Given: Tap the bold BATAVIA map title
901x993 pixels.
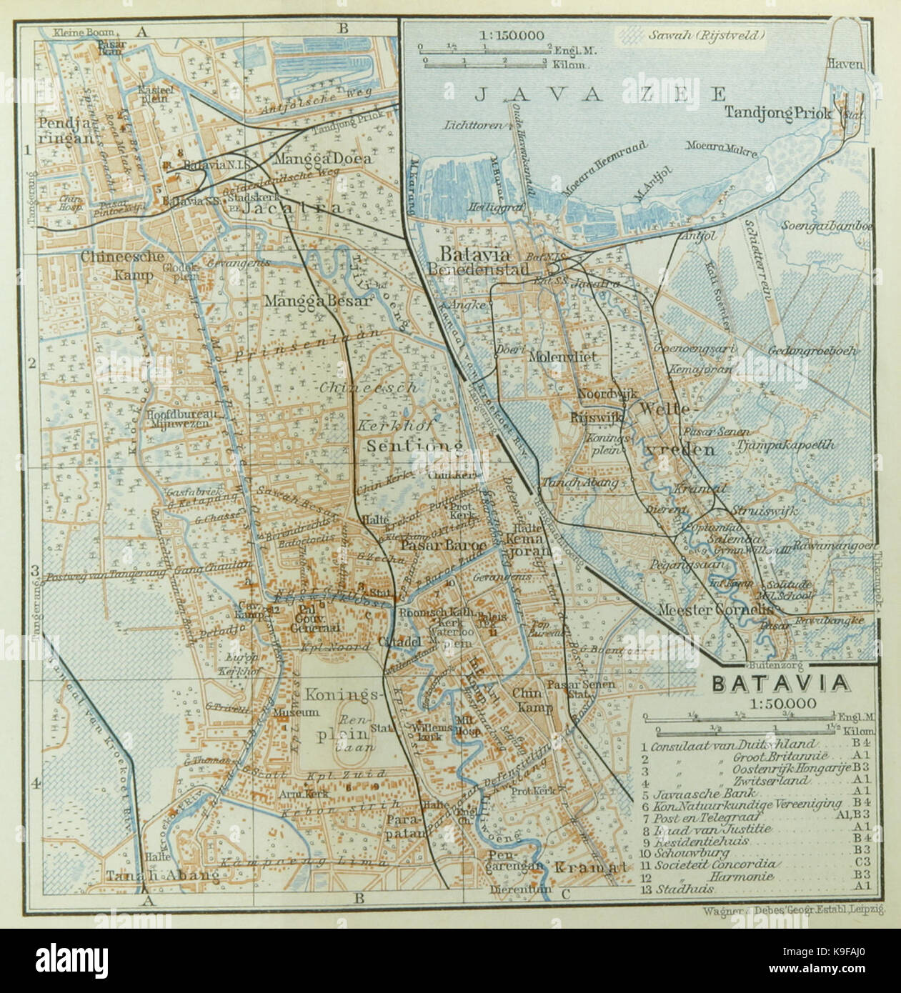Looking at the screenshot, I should [781, 683].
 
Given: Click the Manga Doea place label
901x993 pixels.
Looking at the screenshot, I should [322, 158].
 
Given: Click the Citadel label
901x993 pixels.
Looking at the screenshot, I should [402, 640].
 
